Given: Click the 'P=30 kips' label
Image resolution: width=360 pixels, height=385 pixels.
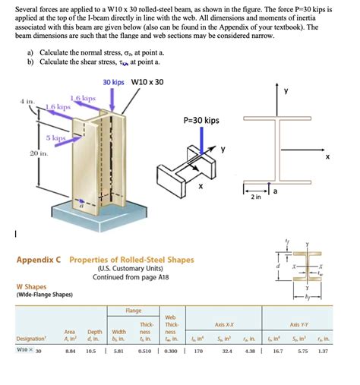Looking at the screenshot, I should pos(201,120).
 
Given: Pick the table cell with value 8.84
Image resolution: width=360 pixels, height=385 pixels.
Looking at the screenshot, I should pos(71,351).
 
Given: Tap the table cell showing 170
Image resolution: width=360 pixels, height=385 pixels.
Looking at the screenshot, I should pos(198,351).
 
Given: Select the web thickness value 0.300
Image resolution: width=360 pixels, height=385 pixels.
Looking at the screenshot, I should pos(170,351).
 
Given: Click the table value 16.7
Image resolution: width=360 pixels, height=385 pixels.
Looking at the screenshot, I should pos(278,351).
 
